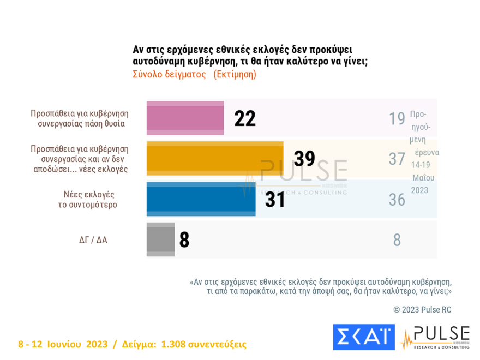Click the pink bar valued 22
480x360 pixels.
tap(185, 118)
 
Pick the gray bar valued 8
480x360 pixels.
tap(160, 239)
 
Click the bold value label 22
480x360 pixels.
tap(245, 118)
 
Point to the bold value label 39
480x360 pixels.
tap(304, 159)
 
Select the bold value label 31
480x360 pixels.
tap(275, 200)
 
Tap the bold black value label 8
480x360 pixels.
tap(184, 240)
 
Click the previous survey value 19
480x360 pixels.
tap(397, 118)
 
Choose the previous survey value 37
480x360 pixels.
tap(397, 159)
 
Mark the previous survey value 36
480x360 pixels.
tap(397, 200)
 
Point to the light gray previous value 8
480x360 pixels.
tap(397, 240)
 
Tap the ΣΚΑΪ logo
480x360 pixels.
tap(363, 337)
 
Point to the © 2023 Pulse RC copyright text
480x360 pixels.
tap(422, 310)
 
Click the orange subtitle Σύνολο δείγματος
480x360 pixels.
tap(169, 74)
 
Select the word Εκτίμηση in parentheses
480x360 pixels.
tap(235, 74)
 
